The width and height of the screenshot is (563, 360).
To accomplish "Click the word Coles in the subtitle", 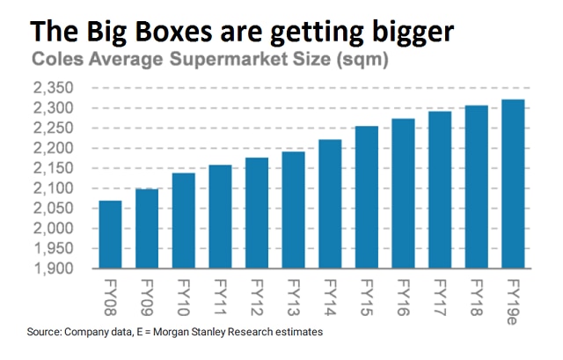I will pos(55,61).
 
